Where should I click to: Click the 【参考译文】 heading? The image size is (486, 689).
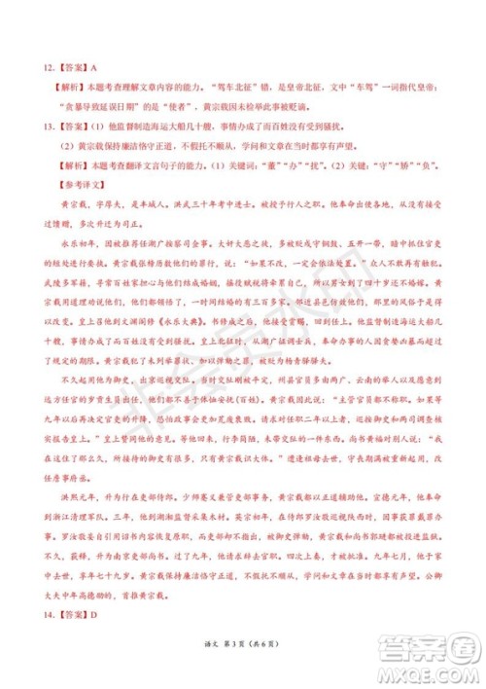(x=75, y=181)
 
